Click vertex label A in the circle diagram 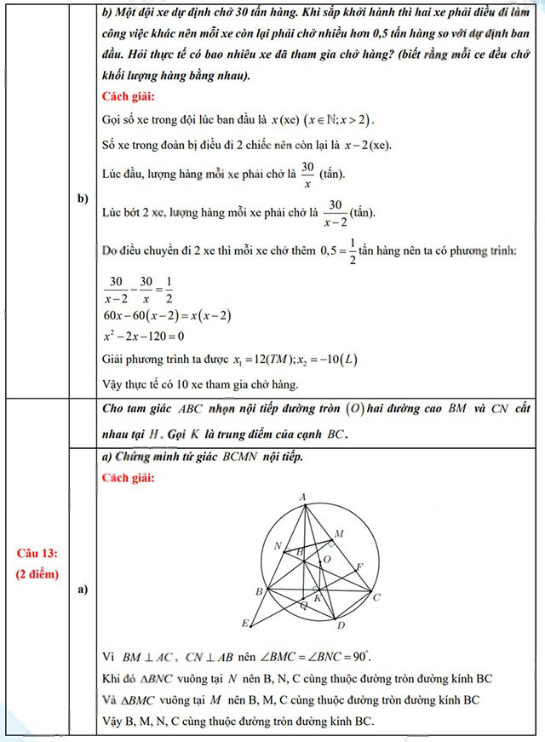click(303, 497)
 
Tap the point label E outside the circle click(245, 623)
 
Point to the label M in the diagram click(339, 533)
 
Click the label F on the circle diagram click(359, 566)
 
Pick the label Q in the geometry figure click(303, 605)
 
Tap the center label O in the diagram click(326, 560)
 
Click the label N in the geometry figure click(278, 545)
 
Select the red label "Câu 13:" click(37, 554)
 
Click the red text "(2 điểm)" click(37, 573)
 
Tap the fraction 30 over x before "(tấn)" click(307, 174)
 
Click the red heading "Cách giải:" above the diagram click(128, 477)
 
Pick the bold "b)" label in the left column click(83, 198)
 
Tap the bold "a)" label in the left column click(83, 590)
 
